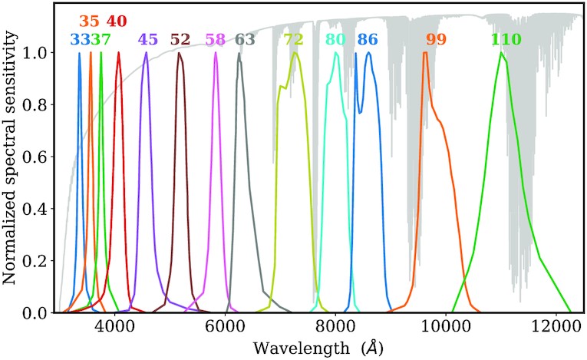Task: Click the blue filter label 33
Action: pyautogui.click(x=79, y=39)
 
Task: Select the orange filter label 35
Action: pyautogui.click(x=90, y=21)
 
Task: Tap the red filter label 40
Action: pyautogui.click(x=117, y=21)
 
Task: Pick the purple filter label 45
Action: pyautogui.click(x=147, y=39)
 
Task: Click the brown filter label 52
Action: pyautogui.click(x=180, y=39)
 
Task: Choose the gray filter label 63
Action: pyautogui.click(x=245, y=39)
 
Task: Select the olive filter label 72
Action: pyautogui.click(x=294, y=39)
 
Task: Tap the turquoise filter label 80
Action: pyautogui.click(x=335, y=39)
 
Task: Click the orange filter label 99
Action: pyautogui.click(x=436, y=39)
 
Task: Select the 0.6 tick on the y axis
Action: pyautogui.click(x=37, y=157)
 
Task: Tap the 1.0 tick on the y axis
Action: pyautogui.click(x=37, y=52)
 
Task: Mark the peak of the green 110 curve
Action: pyautogui.click(x=502, y=53)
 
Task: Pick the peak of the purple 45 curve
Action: pyautogui.click(x=146, y=53)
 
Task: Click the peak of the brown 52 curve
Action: pyautogui.click(x=179, y=53)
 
